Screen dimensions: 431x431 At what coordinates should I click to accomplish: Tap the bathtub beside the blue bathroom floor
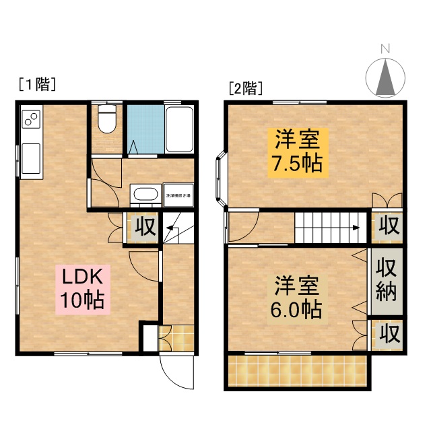(179, 129)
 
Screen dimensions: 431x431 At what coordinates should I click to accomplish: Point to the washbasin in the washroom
(144, 195)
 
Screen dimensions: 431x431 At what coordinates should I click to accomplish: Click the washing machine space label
(178, 195)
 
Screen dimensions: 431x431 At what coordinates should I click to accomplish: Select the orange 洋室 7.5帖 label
(297, 151)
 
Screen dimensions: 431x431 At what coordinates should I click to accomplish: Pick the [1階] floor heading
(36, 85)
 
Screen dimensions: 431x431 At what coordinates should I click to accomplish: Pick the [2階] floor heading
(245, 88)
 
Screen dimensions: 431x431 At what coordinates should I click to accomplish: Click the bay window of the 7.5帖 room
(221, 178)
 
